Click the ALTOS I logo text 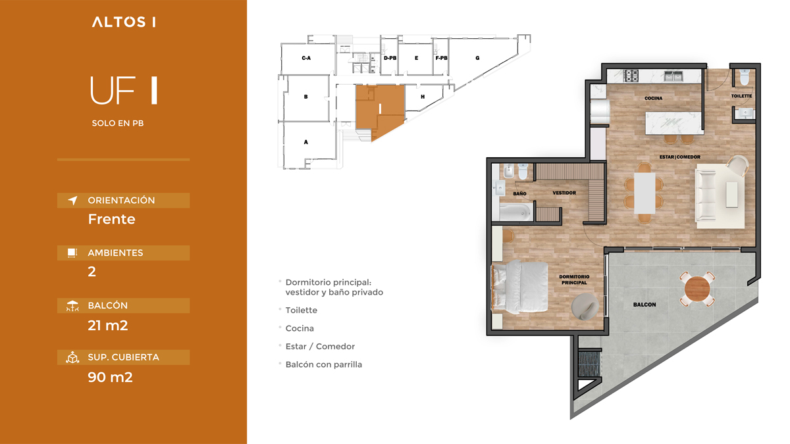click(x=124, y=22)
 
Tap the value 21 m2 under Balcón click(x=108, y=325)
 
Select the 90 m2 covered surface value click(x=110, y=377)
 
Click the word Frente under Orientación click(x=112, y=219)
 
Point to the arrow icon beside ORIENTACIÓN click(x=72, y=200)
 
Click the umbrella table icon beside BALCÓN click(x=72, y=306)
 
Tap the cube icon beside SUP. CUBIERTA click(x=72, y=357)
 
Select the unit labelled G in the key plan click(x=477, y=58)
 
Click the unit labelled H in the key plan click(x=423, y=97)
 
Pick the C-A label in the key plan click(x=306, y=58)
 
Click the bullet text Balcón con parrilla click(x=324, y=364)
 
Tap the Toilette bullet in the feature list click(x=302, y=310)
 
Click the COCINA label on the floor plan click(x=653, y=98)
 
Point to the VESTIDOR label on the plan click(x=564, y=193)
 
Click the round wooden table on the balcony click(x=697, y=289)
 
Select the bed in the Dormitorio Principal click(x=520, y=287)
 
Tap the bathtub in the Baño click(x=515, y=212)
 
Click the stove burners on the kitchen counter click(x=631, y=76)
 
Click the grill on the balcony click(x=589, y=364)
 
